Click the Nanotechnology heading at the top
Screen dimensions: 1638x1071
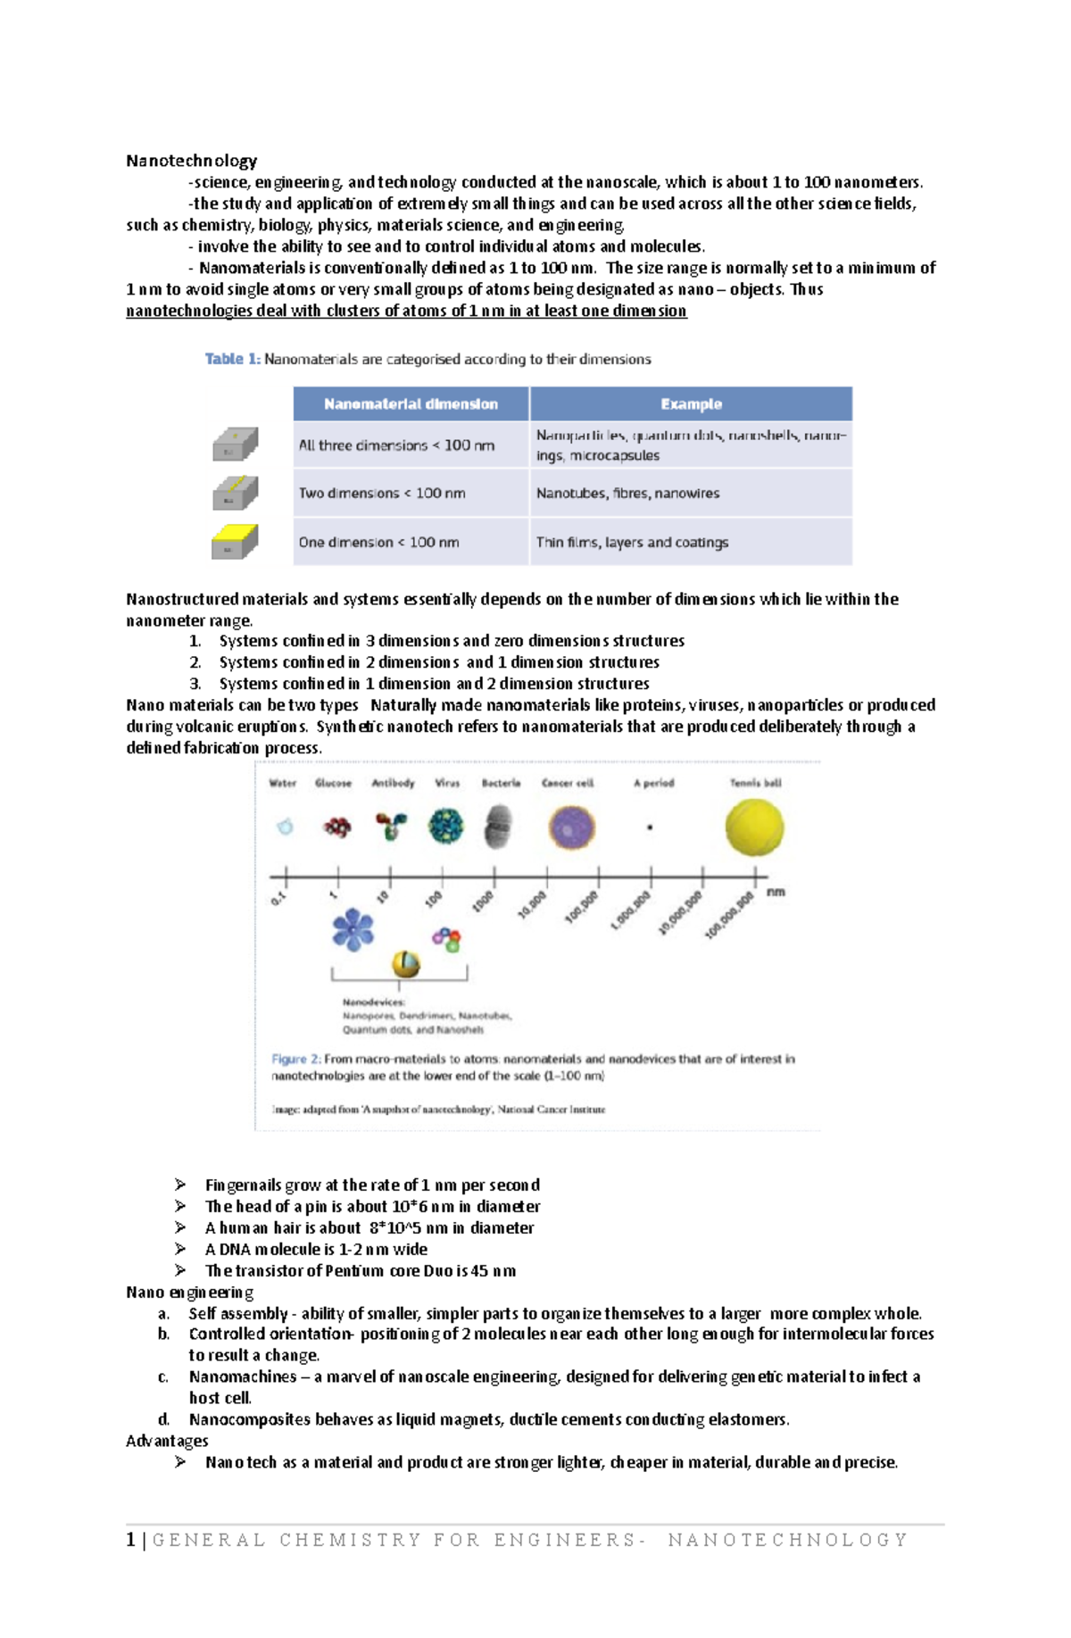(x=191, y=161)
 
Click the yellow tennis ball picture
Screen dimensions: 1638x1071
(x=754, y=827)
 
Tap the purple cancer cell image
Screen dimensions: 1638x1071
(x=571, y=827)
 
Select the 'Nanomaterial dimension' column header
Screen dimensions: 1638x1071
(x=411, y=404)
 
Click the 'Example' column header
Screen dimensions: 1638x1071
(x=691, y=404)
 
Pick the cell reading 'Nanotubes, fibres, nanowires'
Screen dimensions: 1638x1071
(x=627, y=493)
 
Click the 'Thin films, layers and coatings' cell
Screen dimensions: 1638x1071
(x=632, y=542)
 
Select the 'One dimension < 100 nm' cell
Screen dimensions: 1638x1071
(x=378, y=542)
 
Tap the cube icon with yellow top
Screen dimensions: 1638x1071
(x=235, y=542)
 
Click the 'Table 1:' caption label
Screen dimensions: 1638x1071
(x=232, y=359)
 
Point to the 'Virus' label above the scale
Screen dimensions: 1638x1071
(x=447, y=783)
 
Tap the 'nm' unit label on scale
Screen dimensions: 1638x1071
(x=776, y=892)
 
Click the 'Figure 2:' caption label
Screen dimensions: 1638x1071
(x=295, y=1059)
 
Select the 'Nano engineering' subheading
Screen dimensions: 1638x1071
(x=189, y=1292)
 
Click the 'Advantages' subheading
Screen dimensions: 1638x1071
(x=167, y=1441)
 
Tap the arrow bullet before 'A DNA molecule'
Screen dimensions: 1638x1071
(x=180, y=1249)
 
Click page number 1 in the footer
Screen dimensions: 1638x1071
(x=131, y=1539)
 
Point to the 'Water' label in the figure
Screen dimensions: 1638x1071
(x=282, y=783)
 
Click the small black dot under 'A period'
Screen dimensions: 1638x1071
(x=650, y=827)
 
